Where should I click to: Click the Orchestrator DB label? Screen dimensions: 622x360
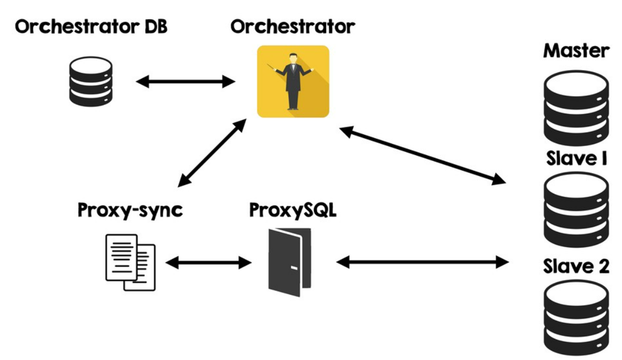[x=91, y=27]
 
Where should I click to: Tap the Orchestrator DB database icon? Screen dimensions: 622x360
[x=91, y=81]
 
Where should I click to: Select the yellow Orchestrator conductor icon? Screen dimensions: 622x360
[x=293, y=81]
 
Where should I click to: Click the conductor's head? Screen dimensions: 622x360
[x=293, y=58]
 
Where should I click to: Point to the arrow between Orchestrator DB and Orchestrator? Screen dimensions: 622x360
[x=185, y=82]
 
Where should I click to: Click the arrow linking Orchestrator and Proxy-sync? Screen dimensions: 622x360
[x=212, y=153]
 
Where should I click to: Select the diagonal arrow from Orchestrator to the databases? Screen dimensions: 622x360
[x=423, y=155]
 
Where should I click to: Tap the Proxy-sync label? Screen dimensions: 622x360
[x=130, y=210]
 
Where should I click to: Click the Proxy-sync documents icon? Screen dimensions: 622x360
[x=130, y=262]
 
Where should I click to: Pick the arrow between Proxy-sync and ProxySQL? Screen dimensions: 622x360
[x=208, y=262]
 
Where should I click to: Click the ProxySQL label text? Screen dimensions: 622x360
[x=293, y=210]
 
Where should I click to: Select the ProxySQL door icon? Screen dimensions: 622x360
[x=290, y=262]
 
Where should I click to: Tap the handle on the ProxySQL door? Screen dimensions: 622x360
[x=294, y=269]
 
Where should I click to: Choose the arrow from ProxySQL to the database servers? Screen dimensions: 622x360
[x=423, y=262]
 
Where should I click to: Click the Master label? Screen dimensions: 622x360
[x=577, y=51]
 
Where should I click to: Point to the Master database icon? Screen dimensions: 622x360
[x=577, y=108]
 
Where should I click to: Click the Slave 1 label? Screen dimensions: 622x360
[x=577, y=159]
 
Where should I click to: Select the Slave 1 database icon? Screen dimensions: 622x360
[x=577, y=209]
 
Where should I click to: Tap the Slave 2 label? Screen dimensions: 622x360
[x=577, y=266]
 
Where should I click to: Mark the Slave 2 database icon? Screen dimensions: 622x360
[x=577, y=317]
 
